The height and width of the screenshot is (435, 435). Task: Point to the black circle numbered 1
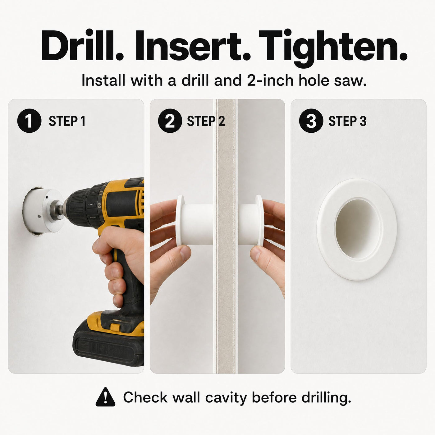click(x=29, y=121)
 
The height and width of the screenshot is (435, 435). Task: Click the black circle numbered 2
click(x=170, y=121)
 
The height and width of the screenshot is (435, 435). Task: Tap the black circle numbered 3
click(x=311, y=121)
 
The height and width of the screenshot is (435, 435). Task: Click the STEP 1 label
click(x=67, y=121)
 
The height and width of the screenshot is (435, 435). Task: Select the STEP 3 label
click(x=347, y=121)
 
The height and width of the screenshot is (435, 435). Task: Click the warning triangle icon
click(x=105, y=397)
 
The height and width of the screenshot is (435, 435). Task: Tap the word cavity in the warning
click(x=226, y=398)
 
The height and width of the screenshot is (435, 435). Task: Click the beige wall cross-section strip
click(x=226, y=235)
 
